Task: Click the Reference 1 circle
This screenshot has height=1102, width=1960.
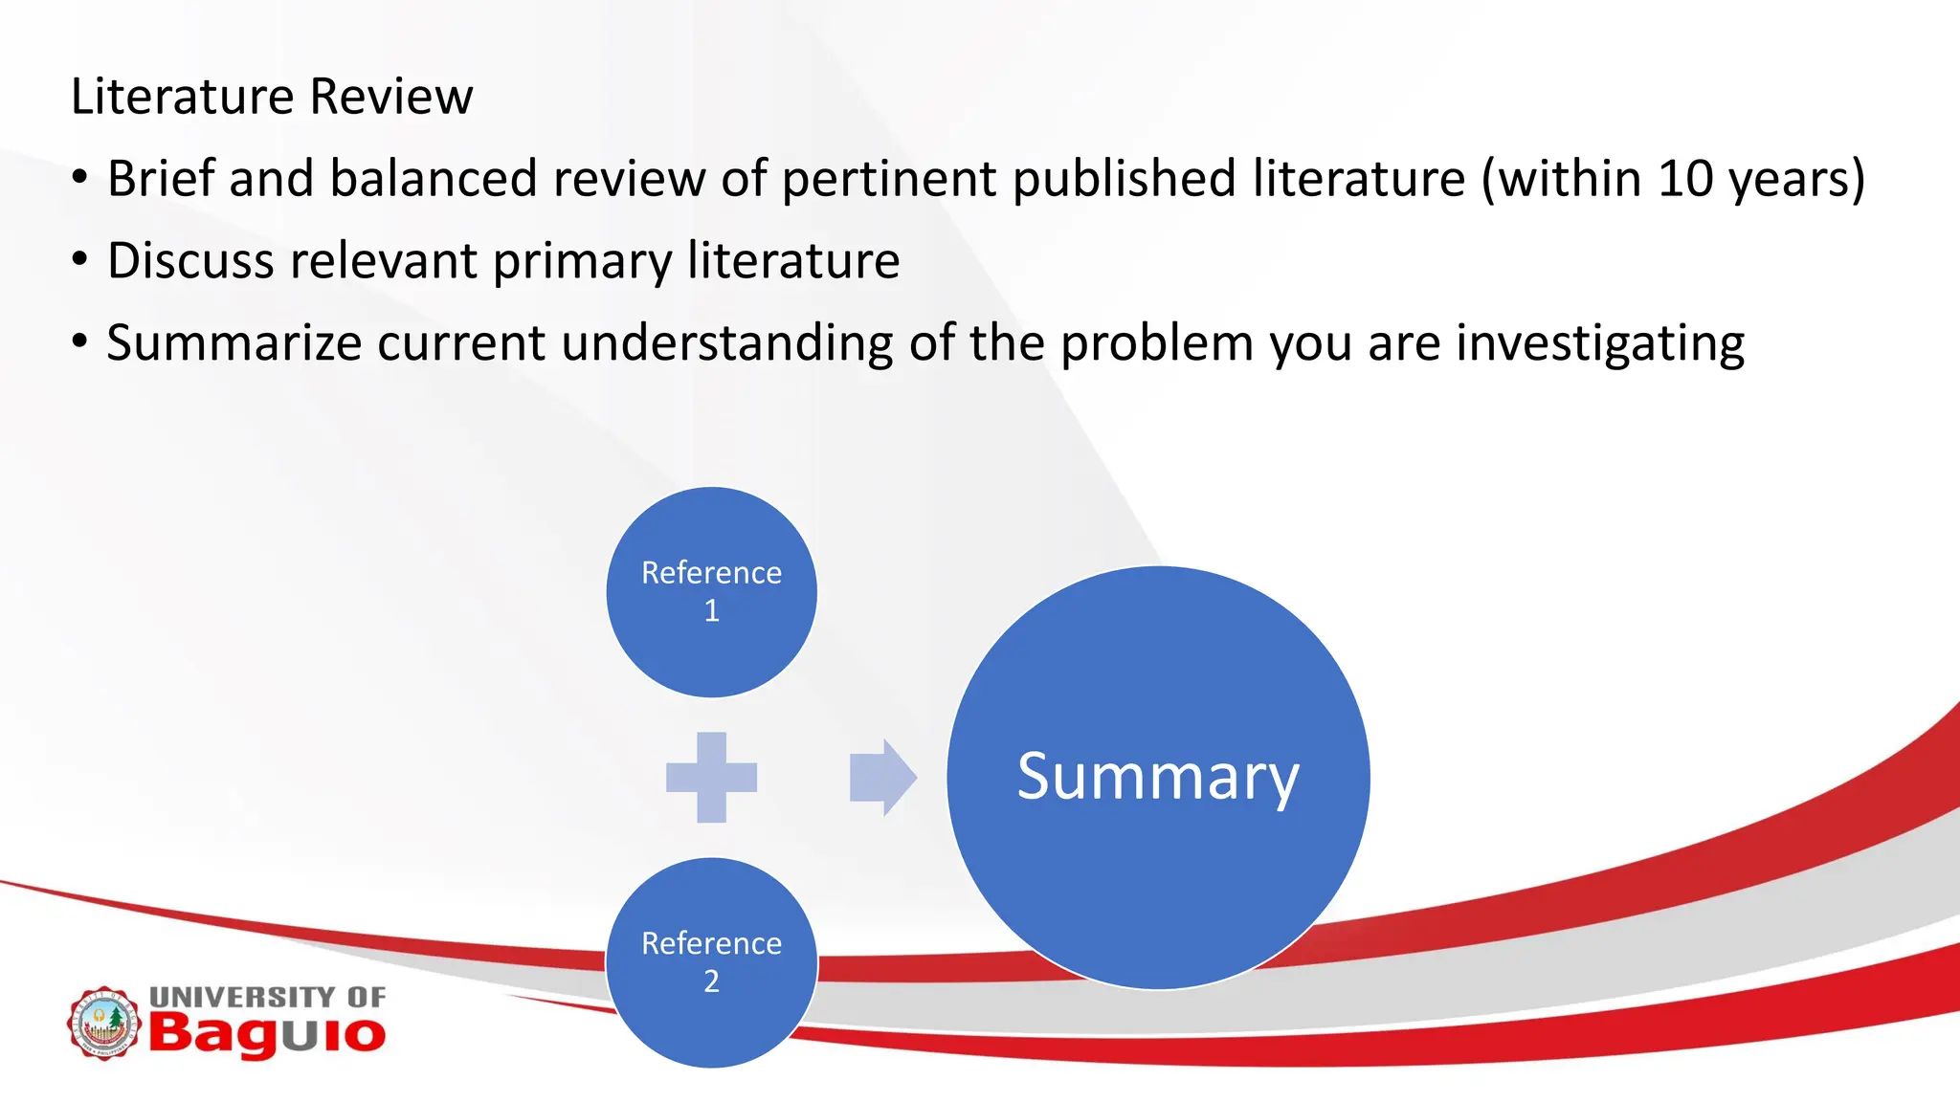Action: coord(711,592)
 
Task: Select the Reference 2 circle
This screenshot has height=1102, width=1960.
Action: coord(711,962)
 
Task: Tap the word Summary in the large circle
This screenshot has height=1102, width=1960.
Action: coord(1158,777)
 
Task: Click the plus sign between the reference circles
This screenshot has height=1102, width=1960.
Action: coord(711,777)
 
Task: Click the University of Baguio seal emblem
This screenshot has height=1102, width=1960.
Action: coord(104,1023)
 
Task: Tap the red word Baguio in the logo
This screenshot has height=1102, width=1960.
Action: coord(267,1034)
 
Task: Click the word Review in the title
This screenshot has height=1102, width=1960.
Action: coord(391,97)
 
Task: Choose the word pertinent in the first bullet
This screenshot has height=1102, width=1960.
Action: coord(889,179)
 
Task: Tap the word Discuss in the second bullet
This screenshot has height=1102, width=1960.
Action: coord(190,261)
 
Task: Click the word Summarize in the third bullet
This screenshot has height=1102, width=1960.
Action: coord(234,343)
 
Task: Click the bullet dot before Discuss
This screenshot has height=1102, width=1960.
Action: coord(80,259)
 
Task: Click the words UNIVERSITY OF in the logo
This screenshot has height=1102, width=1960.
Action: coord(267,997)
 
